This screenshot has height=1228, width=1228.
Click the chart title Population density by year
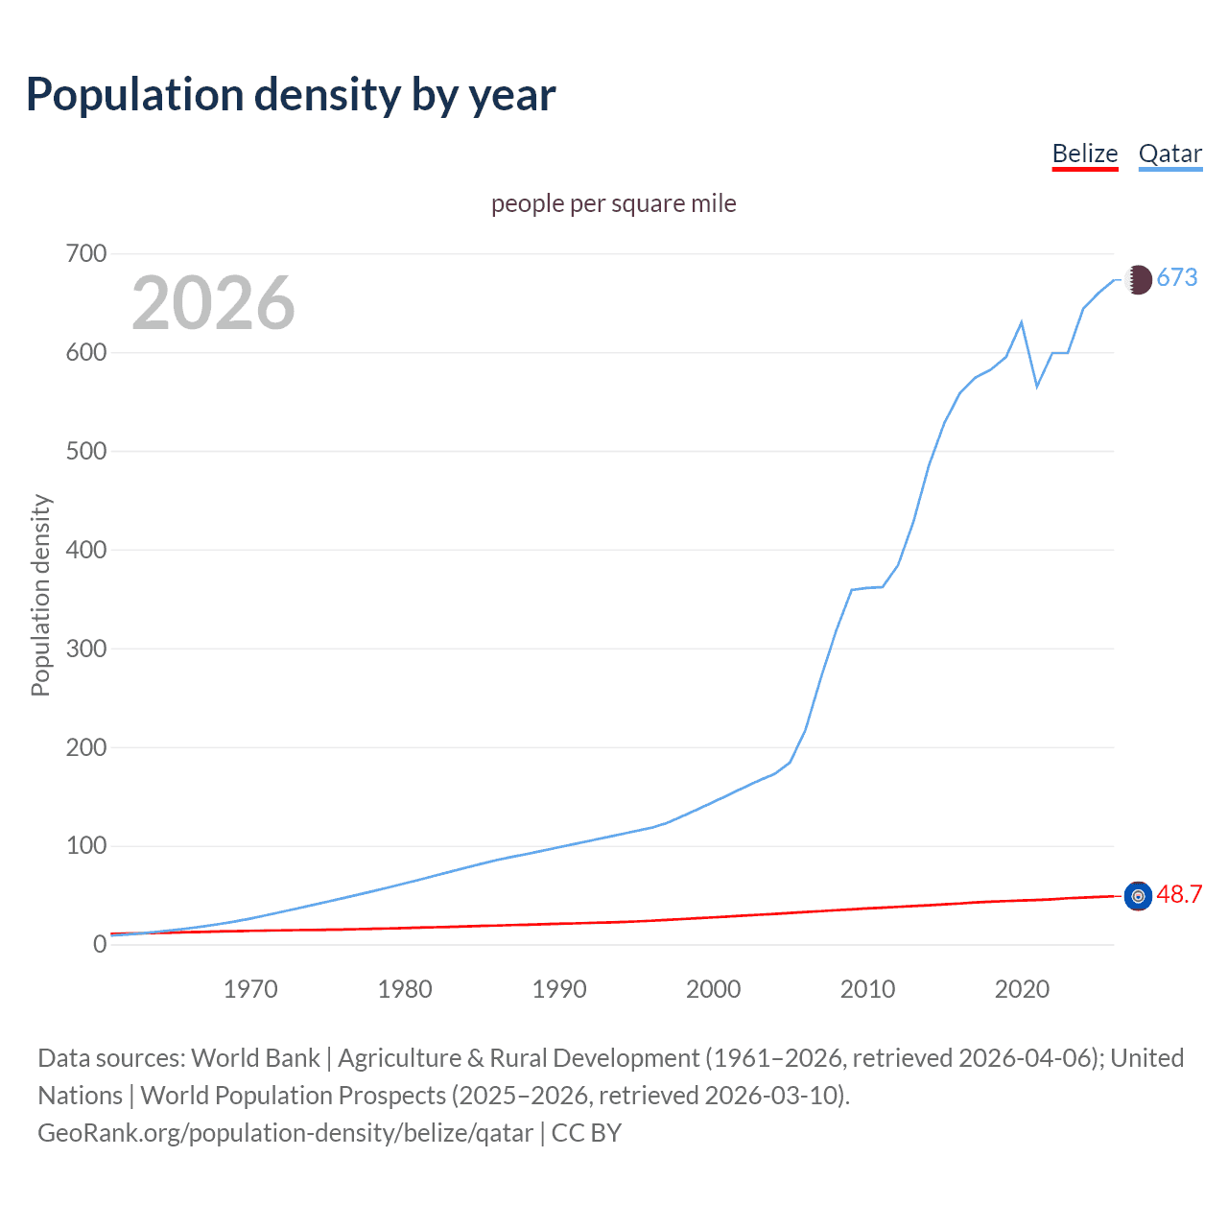(x=291, y=95)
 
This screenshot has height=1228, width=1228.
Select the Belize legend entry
(x=1085, y=153)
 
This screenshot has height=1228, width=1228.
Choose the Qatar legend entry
(x=1169, y=153)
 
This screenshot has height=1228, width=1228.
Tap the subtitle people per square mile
(x=613, y=203)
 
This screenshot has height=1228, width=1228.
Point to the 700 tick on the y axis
(x=86, y=254)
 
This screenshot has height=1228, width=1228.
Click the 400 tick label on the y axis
(x=86, y=551)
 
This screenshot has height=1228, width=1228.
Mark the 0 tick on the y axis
(x=100, y=945)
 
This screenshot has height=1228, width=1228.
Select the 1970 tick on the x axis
(x=250, y=989)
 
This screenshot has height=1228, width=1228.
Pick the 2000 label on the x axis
(x=713, y=989)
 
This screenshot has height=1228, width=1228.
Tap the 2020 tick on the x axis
(x=1022, y=989)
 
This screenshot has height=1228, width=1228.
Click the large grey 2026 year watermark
(x=213, y=303)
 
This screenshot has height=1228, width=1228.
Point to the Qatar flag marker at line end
(x=1138, y=279)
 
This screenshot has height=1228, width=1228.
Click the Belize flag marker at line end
(x=1138, y=896)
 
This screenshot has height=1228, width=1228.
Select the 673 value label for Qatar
(x=1177, y=278)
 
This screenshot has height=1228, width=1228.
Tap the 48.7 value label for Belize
(x=1179, y=895)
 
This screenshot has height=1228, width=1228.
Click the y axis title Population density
(x=40, y=595)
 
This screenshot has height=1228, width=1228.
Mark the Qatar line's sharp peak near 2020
(x=1022, y=322)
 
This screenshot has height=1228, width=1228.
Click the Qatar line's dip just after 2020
(x=1037, y=387)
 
